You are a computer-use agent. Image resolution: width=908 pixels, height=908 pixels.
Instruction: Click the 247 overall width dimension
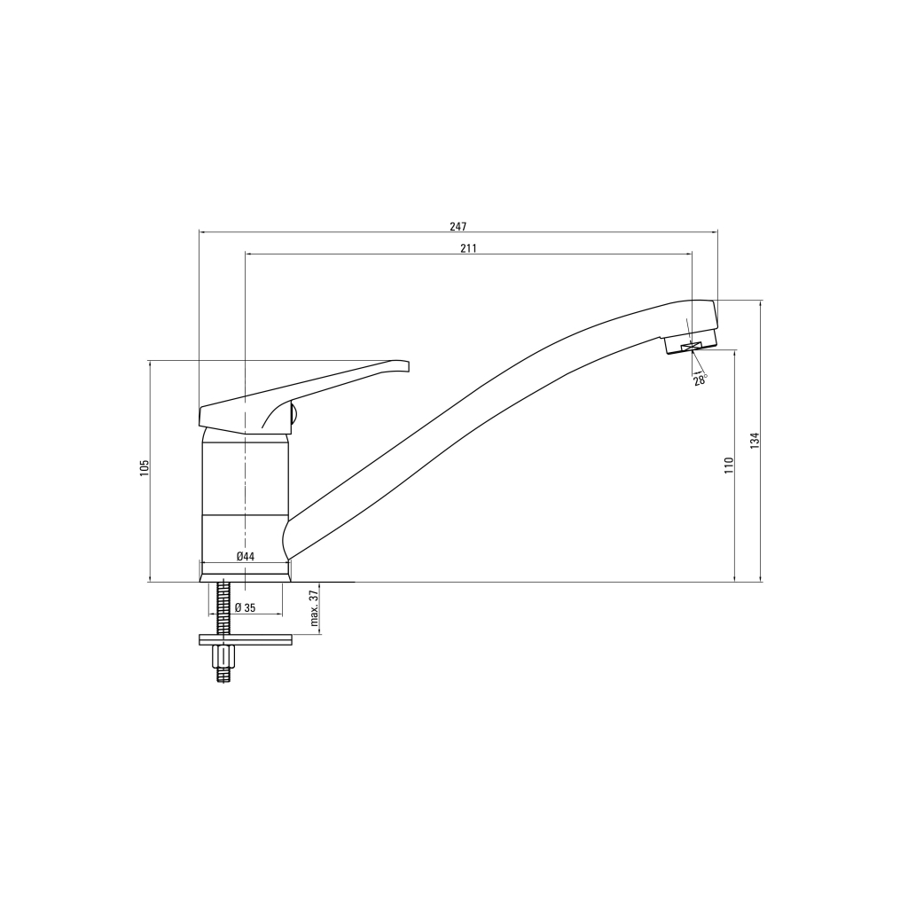[x=458, y=226]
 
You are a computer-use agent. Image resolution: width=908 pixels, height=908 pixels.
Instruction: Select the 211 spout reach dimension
[x=468, y=248]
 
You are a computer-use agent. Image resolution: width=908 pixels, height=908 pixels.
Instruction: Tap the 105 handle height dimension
[x=145, y=468]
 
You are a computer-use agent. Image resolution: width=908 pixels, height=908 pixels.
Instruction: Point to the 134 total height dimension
[x=755, y=441]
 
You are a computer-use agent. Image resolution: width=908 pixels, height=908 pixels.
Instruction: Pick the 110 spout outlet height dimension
[x=729, y=466]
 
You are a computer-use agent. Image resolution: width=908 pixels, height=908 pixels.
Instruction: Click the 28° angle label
[x=701, y=380]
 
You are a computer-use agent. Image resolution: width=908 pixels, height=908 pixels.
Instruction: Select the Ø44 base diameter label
[x=246, y=557]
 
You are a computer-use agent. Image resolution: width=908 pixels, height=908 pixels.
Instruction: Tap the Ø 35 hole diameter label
[x=245, y=608]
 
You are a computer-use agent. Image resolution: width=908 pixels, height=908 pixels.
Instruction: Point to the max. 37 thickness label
[x=315, y=608]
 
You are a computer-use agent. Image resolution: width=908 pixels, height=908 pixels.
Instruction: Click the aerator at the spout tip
[x=691, y=341]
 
